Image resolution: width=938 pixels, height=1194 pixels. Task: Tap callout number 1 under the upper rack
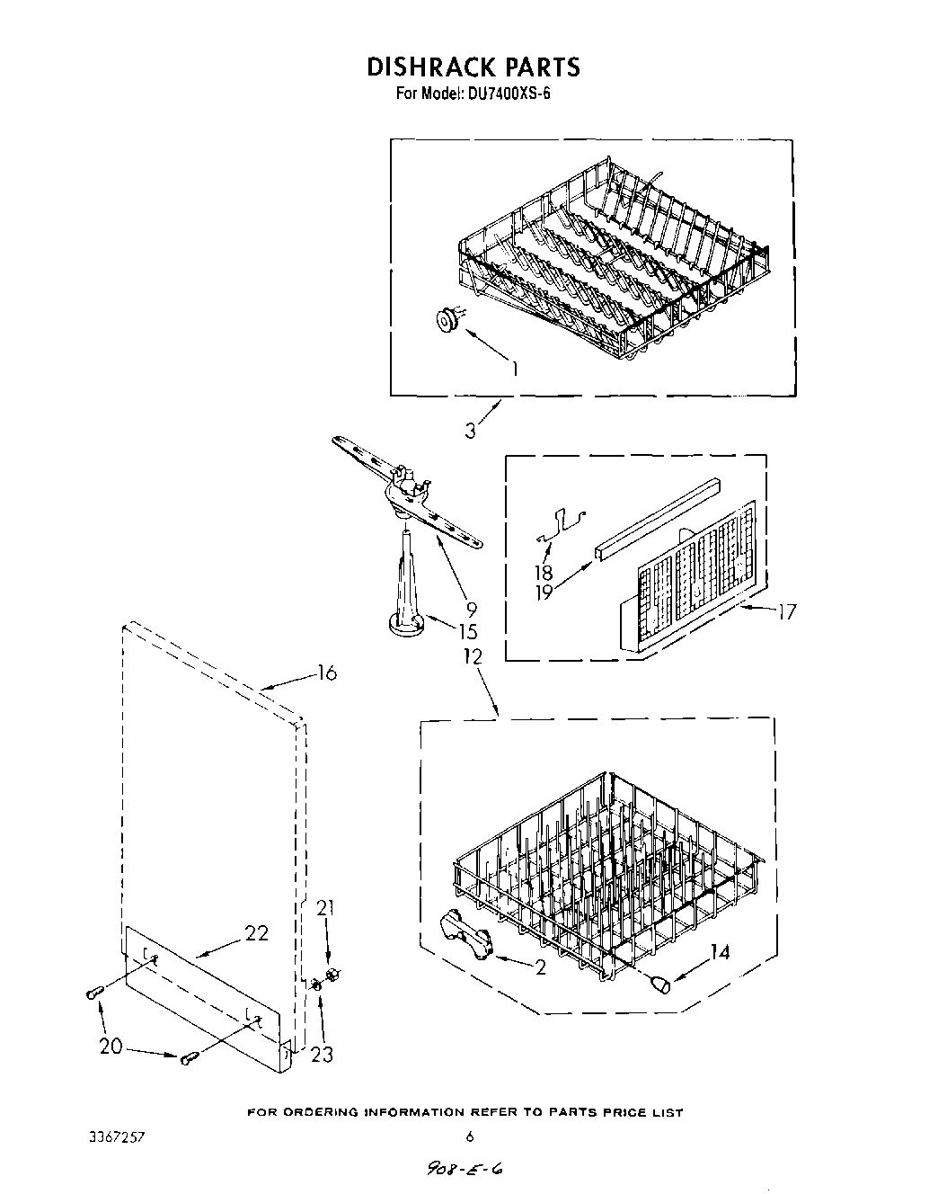(x=514, y=368)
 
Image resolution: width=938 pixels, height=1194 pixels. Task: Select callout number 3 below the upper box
(x=470, y=431)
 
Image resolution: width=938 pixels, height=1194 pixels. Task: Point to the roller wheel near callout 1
(x=445, y=318)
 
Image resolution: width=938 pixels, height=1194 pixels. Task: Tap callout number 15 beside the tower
(x=467, y=631)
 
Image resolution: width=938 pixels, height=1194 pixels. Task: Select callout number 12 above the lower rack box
(x=472, y=657)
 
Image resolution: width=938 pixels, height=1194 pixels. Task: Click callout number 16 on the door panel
(x=326, y=673)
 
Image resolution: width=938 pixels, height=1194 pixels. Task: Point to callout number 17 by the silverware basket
(x=785, y=613)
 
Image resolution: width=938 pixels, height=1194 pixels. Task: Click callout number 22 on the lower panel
(x=256, y=933)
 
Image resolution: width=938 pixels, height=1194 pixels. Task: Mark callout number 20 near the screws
(x=111, y=1047)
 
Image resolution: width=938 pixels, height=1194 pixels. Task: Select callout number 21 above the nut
(x=324, y=909)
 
